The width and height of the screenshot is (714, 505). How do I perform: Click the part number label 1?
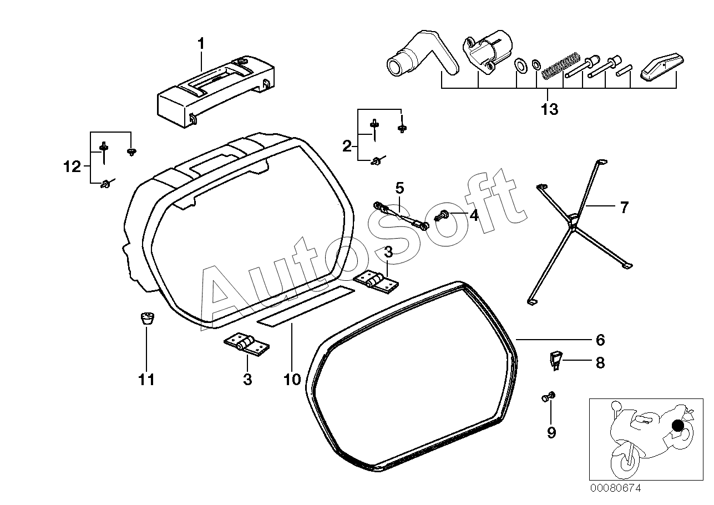pos(201,43)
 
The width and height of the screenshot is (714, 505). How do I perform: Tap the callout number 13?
pos(549,109)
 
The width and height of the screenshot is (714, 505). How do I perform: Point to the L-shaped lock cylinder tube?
pos(422,58)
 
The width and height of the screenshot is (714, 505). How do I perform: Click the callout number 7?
pos(624,208)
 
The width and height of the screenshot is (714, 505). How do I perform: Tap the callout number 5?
pos(399,188)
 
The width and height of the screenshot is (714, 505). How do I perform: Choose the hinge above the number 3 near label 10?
pos(247,345)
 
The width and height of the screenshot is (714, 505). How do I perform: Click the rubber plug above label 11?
pos(146,319)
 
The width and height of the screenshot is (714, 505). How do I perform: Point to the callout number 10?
pos(292,380)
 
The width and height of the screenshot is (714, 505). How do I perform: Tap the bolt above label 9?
pos(548,397)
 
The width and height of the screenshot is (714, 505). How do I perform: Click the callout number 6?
pos(600,340)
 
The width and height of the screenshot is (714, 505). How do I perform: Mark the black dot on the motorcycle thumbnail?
pos(677,426)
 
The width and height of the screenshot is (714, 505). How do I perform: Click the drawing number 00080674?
pos(615,488)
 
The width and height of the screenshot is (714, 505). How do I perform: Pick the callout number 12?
pos(72,166)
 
